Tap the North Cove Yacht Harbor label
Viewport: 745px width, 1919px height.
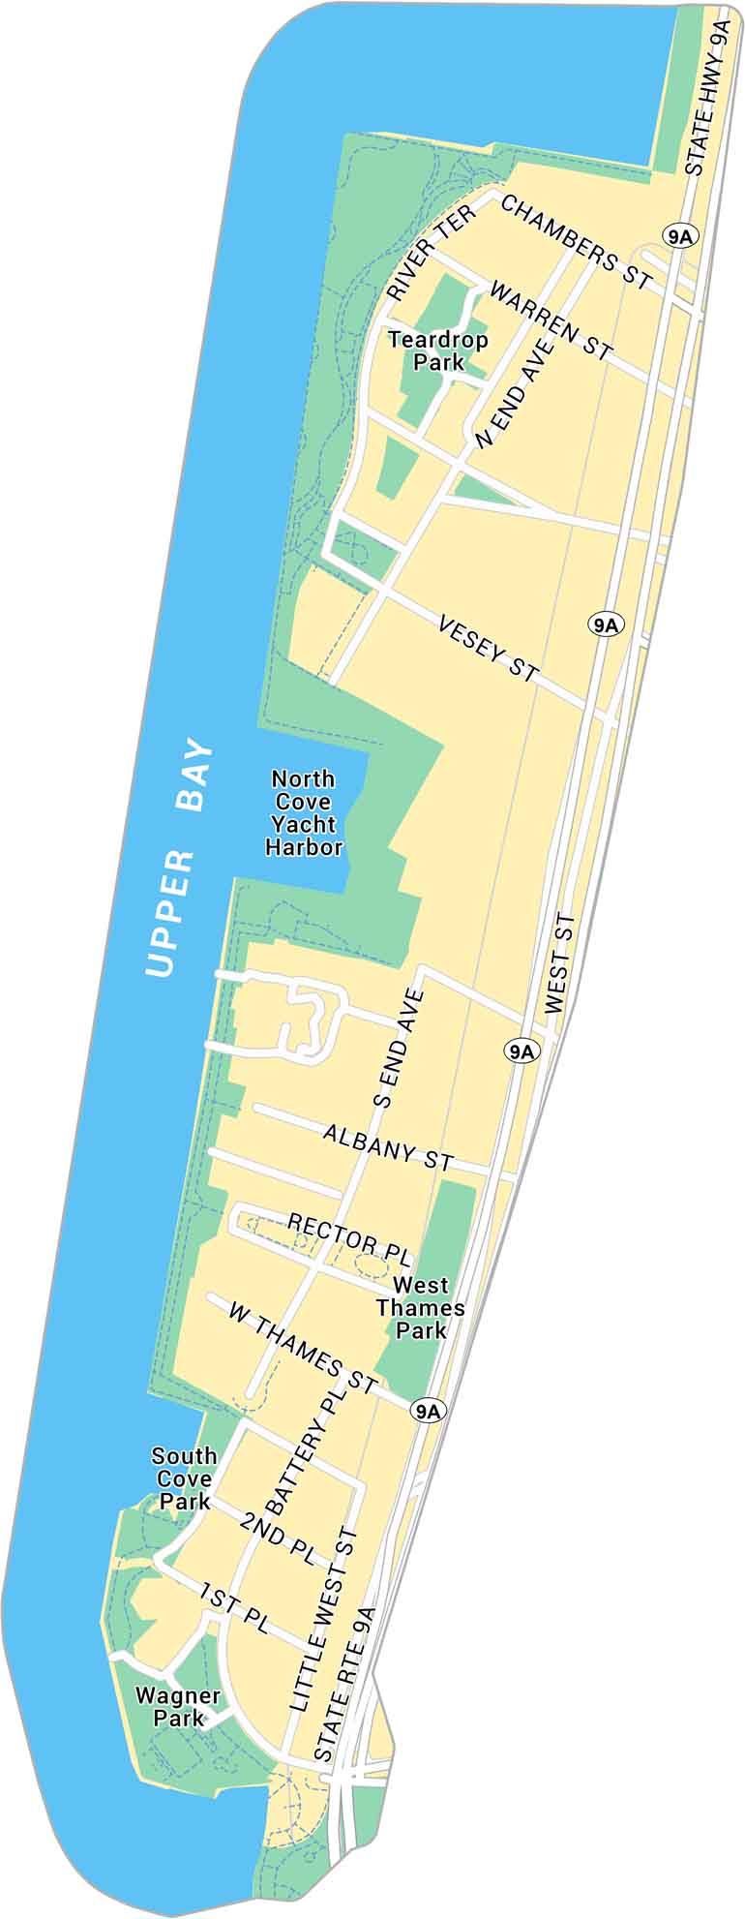point(305,812)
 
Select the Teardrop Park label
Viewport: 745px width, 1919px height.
point(438,350)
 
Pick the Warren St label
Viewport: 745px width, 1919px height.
point(551,320)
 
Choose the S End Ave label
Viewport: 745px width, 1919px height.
point(398,1048)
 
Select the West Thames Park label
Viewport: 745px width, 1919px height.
point(421,1307)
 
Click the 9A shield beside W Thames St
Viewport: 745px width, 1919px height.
point(427,1411)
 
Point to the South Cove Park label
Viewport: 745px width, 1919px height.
point(185,1478)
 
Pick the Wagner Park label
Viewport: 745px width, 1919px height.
point(178,1707)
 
